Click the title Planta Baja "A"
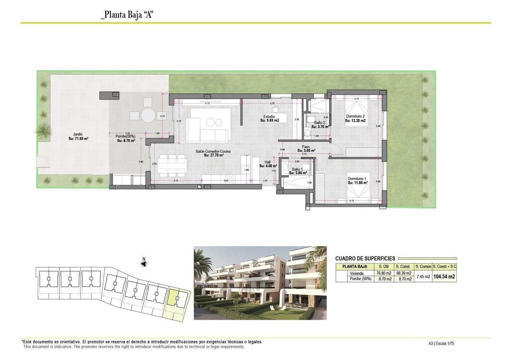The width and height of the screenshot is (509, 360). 127,15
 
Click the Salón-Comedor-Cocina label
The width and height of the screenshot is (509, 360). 213,153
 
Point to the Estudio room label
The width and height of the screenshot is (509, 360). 269,118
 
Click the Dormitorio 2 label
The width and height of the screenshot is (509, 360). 355,118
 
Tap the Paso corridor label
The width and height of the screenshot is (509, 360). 306,149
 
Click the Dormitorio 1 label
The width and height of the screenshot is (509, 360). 357,181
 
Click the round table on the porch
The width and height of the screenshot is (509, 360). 148,116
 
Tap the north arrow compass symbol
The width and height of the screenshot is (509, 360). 144,263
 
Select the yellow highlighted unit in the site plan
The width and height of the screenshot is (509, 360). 175,302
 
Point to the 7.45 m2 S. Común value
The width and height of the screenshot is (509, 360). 422,276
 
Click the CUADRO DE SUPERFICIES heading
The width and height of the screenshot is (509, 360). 365,258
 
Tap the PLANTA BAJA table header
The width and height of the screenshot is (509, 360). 355,267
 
